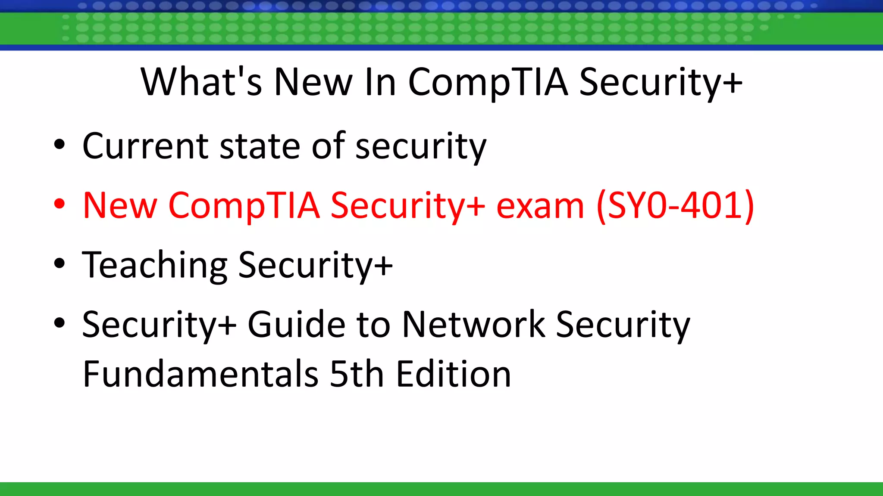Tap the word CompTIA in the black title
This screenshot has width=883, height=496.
488,83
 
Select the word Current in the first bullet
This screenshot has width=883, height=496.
145,146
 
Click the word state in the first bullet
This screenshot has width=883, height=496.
260,146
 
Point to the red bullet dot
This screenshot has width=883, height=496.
59,204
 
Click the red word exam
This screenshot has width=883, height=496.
540,206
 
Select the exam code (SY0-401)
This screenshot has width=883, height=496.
675,206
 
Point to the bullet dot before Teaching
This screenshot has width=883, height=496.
59,263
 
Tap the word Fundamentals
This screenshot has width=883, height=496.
200,374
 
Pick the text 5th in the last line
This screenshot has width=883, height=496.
357,374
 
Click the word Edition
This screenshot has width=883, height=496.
453,374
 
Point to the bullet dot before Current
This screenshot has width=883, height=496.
59,145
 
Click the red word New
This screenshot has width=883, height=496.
120,206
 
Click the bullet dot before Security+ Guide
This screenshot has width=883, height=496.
59,322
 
